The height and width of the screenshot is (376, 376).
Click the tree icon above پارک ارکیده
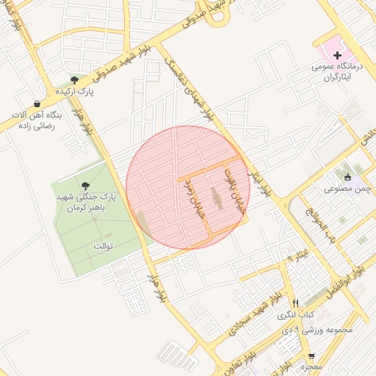click(73, 79)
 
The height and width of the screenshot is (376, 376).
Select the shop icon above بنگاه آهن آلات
click(37, 104)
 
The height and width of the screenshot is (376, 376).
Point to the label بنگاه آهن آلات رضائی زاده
click(37, 120)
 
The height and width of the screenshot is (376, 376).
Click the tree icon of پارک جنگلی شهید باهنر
click(85, 186)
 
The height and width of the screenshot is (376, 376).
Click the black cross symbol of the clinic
click(337, 55)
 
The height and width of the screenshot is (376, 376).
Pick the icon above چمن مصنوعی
click(347, 176)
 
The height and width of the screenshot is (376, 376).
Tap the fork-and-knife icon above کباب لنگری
click(294, 303)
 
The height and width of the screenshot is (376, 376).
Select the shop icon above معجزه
click(311, 356)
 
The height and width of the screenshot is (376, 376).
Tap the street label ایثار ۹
click(294, 256)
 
